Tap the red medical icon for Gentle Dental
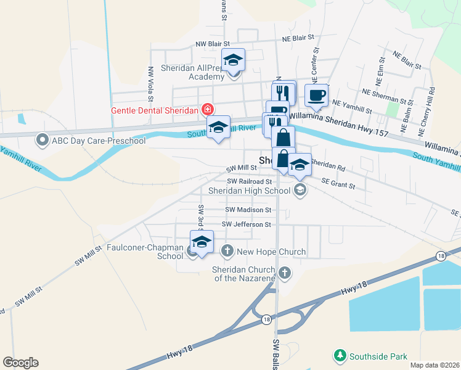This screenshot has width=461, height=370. [208, 110]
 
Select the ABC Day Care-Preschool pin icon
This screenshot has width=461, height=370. [43, 141]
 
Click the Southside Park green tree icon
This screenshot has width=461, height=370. [340, 356]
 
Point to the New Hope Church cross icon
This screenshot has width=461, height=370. [227, 251]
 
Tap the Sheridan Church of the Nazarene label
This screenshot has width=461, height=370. [245, 274]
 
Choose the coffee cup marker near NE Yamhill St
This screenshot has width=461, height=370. [316, 95]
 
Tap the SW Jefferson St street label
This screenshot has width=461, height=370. [247, 224]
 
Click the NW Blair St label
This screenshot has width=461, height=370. [213, 44]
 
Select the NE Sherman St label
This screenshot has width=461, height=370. [388, 96]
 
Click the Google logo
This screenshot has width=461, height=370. [20, 363]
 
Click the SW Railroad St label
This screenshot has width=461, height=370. [249, 181]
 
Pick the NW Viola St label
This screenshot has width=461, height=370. [150, 84]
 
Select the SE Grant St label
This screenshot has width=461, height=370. [338, 183]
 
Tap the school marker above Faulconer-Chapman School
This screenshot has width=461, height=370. [202, 242]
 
